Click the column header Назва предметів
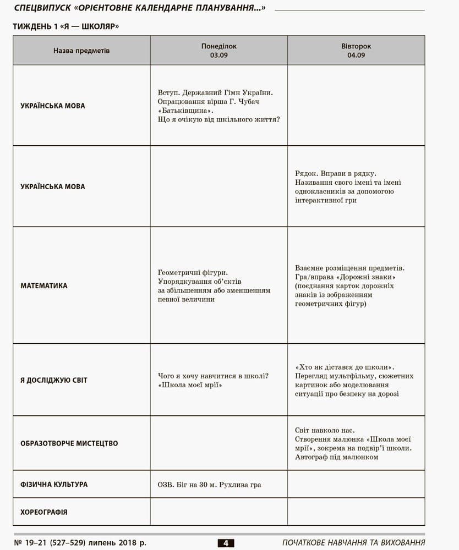point(81,51)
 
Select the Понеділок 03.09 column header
point(218,51)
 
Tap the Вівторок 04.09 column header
point(356,51)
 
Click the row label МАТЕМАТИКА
point(44,286)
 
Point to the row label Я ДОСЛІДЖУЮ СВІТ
point(54,380)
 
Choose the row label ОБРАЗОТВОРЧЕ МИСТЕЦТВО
point(69,443)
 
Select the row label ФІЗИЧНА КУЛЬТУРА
point(54,485)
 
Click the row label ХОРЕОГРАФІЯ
point(44,512)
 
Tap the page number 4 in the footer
point(226,543)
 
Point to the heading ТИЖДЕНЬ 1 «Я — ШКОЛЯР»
point(66,26)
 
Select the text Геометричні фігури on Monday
point(193,272)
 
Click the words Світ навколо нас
point(325,430)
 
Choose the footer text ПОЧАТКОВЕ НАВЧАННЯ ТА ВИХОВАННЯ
point(353,543)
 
